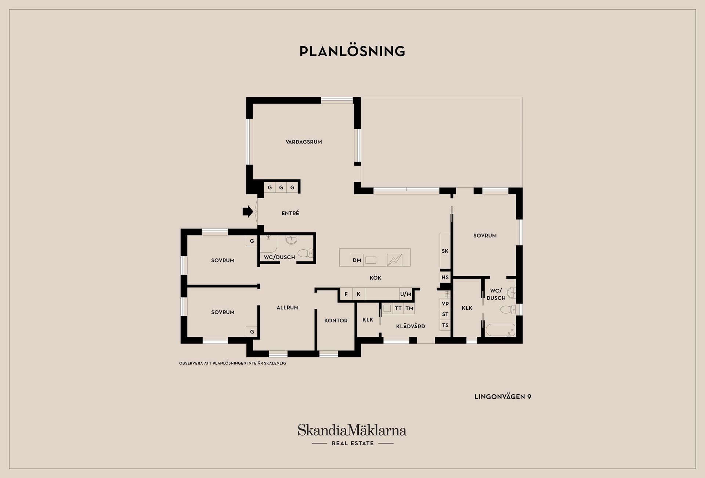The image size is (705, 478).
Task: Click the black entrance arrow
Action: tap(248, 211)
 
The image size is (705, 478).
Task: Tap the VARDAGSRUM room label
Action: tap(304, 142)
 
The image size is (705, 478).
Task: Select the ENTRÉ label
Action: tap(290, 213)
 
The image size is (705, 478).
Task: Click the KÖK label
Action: tap(375, 278)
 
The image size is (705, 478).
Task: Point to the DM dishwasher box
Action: tap(357, 260)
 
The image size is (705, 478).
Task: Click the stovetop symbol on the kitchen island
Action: tap(395, 260)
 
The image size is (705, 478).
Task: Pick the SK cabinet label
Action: tap(445, 251)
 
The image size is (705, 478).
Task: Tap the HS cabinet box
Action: tap(445, 277)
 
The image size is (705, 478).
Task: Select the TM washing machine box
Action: tap(409, 308)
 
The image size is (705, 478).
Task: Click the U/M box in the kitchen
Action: tap(406, 294)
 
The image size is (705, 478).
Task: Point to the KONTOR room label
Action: tap(336, 321)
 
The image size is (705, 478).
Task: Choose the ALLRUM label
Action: tap(288, 308)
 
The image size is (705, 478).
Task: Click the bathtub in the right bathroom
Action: tap(500, 330)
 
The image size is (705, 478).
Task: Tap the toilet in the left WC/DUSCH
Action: tap(305, 253)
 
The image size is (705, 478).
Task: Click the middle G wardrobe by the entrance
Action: tap(281, 188)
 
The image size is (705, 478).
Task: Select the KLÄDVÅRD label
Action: tap(411, 326)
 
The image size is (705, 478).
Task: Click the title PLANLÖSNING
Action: tap(352, 51)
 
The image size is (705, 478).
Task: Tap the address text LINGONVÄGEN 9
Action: tap(503, 397)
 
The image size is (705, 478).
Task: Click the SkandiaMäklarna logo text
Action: tap(352, 430)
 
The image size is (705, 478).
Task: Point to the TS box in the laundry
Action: tap(445, 325)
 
